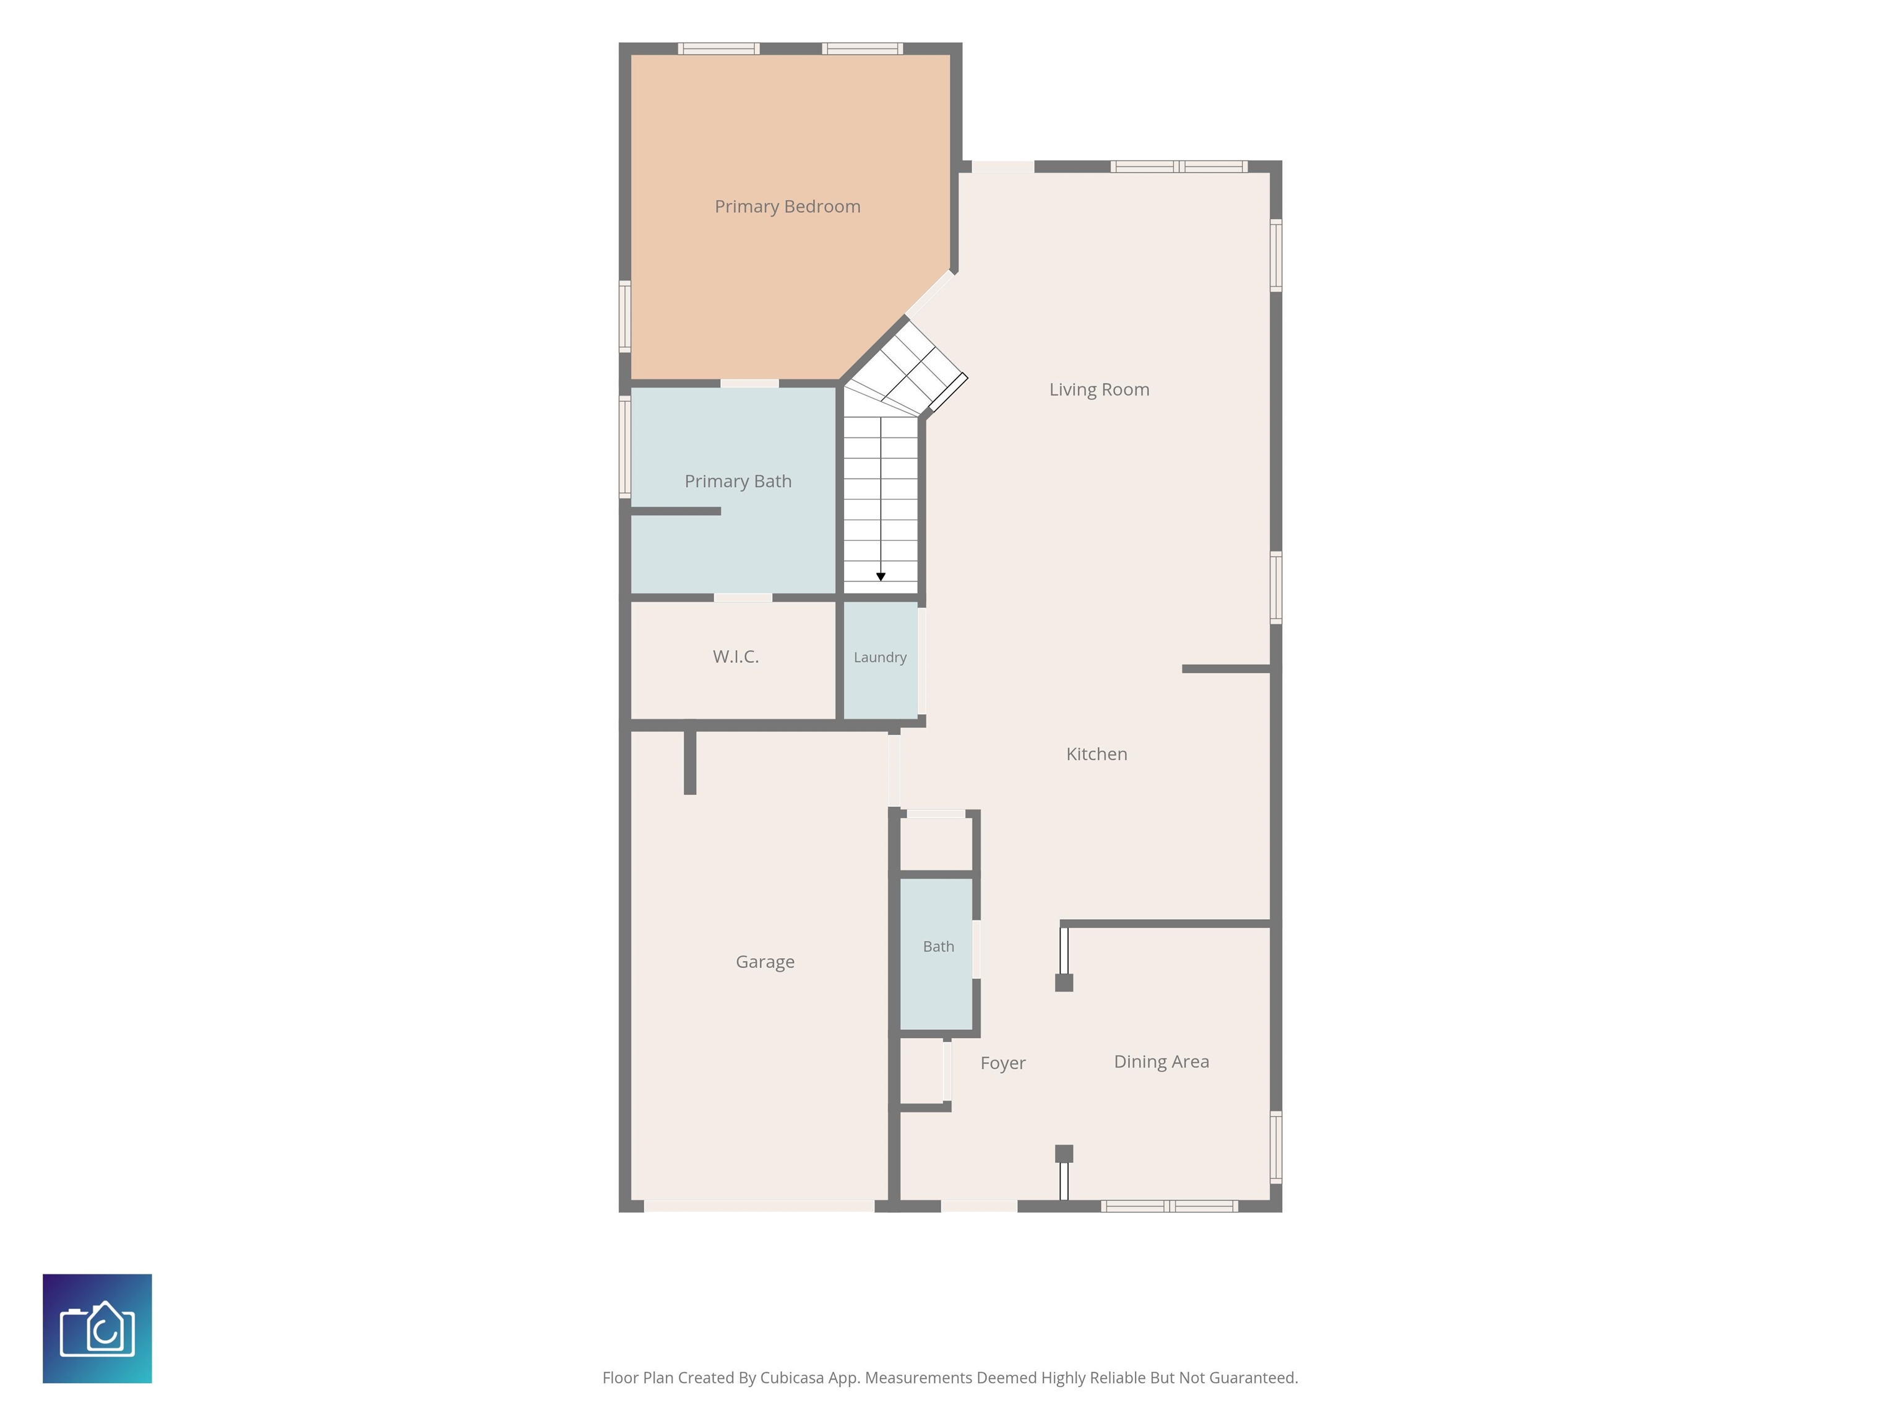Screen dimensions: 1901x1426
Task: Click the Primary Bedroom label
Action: tap(787, 206)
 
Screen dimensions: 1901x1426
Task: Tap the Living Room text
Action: tap(1099, 389)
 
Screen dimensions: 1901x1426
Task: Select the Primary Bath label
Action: tap(738, 482)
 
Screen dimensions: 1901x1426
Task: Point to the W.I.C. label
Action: tap(736, 657)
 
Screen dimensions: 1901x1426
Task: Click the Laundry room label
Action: tap(880, 657)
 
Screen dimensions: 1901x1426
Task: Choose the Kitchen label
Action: tap(1097, 754)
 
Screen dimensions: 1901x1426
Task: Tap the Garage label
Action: tap(765, 962)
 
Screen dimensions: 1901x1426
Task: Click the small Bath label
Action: tap(939, 946)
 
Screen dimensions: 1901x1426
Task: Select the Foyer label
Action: tap(1003, 1063)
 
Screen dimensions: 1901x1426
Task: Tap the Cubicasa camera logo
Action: tap(97, 1328)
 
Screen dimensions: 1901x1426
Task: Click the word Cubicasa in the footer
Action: tap(791, 1378)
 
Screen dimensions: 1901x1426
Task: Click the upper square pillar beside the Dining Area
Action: tap(1064, 982)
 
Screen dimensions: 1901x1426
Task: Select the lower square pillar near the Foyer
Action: tap(1064, 1154)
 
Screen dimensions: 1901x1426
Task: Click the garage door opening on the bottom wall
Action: tap(759, 1206)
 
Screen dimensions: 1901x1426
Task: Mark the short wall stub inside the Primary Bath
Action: tap(676, 511)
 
